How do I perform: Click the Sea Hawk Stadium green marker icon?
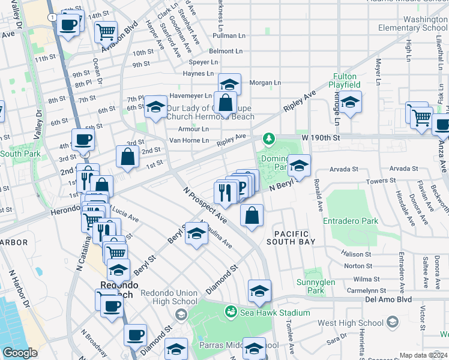[x=230, y=312]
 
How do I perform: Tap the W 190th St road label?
[x=321, y=138]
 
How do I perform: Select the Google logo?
[x=20, y=353]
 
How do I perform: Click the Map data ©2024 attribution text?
[x=424, y=355]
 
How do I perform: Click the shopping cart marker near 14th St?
[x=106, y=31]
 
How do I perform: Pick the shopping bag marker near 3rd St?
[x=128, y=157]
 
